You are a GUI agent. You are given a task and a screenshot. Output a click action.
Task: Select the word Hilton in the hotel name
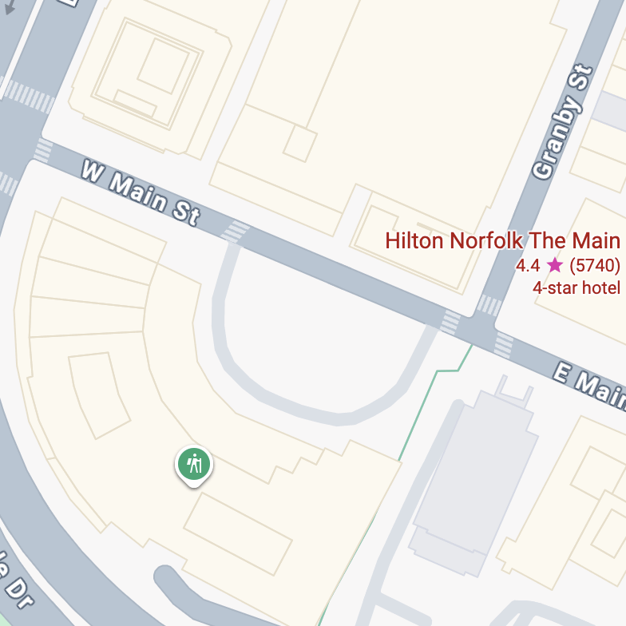[x=414, y=240]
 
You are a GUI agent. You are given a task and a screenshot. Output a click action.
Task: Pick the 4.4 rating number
[x=529, y=265]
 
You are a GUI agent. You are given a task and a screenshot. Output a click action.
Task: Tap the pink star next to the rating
[x=555, y=265]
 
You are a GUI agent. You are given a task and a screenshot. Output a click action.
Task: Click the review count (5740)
[x=594, y=265]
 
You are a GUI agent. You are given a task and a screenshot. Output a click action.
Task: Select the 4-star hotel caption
[x=576, y=287]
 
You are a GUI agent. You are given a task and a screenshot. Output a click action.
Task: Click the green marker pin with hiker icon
[x=193, y=464]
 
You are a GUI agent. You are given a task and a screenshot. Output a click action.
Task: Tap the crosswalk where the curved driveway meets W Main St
[x=236, y=232]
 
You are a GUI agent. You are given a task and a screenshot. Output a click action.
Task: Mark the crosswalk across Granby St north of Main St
[x=489, y=305]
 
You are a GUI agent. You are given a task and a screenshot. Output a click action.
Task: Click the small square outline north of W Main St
[x=300, y=144]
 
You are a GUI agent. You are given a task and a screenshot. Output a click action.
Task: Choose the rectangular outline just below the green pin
[x=238, y=533]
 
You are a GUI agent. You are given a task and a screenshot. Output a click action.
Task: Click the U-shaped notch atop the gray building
[x=514, y=391]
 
